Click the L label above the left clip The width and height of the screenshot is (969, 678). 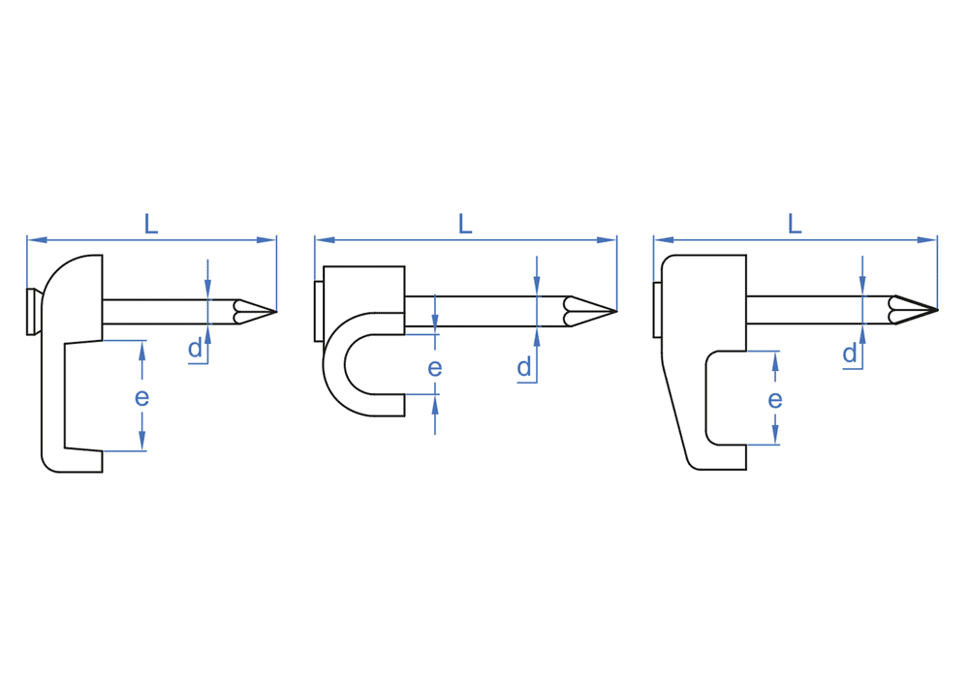[x=151, y=224]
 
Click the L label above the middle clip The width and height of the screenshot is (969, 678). [x=465, y=224]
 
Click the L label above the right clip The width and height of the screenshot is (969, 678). [x=795, y=224]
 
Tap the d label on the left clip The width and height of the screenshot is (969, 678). [x=196, y=349]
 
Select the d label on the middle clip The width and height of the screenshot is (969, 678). [x=524, y=367]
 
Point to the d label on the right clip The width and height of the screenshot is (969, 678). [x=851, y=354]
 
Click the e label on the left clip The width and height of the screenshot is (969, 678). [x=142, y=397]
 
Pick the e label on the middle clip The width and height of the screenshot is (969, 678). [x=435, y=367]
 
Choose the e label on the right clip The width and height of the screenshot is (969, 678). [x=775, y=399]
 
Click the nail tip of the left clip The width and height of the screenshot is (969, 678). [x=275, y=311]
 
